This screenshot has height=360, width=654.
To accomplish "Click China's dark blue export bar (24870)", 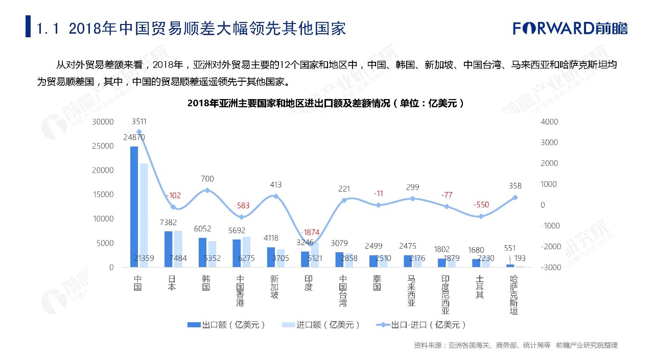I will click(x=134, y=206).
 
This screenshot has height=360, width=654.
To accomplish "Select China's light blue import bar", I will click(x=144, y=214).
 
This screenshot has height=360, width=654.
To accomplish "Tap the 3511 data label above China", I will click(x=139, y=122).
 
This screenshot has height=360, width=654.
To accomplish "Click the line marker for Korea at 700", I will click(x=207, y=190).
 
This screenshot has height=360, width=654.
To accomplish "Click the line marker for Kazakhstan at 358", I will click(x=515, y=198).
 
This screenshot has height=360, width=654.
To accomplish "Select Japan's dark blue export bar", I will click(x=168, y=249).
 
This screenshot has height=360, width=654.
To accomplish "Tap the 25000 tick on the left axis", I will click(x=103, y=146).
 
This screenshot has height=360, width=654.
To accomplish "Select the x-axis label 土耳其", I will click(x=479, y=287).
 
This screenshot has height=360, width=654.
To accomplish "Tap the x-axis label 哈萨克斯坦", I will click(x=514, y=295).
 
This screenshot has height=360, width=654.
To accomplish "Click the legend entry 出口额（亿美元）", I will click(x=227, y=325).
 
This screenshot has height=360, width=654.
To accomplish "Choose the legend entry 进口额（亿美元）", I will click(x=321, y=325).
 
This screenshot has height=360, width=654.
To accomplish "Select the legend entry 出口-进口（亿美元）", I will click(x=421, y=325).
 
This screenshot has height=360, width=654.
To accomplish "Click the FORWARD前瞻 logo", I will click(x=570, y=28).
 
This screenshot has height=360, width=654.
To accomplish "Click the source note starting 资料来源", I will click(x=515, y=345).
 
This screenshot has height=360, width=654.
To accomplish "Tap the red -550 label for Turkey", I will click(x=481, y=205).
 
